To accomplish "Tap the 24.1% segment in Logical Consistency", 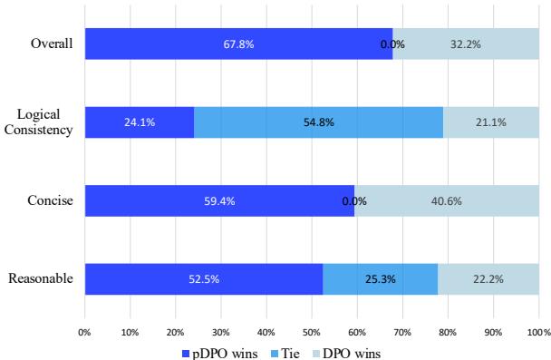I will pyautogui.click(x=140, y=122).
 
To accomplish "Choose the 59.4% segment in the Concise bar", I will pyautogui.click(x=219, y=200).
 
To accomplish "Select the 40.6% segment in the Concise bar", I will pyautogui.click(x=447, y=200).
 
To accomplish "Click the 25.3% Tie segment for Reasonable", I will pyautogui.click(x=381, y=279).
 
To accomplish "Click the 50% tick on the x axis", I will pyautogui.click(x=312, y=331).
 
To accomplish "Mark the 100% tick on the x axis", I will pyautogui.click(x=537, y=331).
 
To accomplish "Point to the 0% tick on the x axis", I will pyautogui.click(x=85, y=331).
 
